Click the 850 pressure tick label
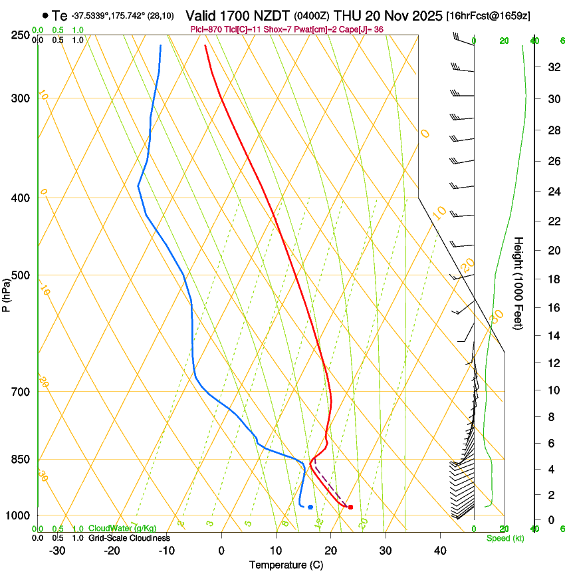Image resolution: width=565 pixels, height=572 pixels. point(20,460)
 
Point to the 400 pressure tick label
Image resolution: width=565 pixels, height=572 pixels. point(20,198)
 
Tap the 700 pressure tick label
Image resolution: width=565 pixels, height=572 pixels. point(20,392)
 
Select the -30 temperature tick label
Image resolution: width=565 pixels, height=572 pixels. point(57,551)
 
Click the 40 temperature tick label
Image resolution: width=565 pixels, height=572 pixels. point(440,551)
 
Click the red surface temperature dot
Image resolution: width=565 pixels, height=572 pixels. point(350,507)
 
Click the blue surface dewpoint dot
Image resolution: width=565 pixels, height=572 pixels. point(310,507)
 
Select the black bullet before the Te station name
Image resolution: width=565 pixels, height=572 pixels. point(45,15)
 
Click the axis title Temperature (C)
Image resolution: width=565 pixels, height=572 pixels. point(286,565)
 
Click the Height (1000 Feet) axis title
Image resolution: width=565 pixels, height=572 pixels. point(519,283)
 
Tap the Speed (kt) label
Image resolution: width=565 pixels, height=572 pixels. point(505,538)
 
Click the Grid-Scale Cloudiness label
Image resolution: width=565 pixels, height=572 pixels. point(129,538)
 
